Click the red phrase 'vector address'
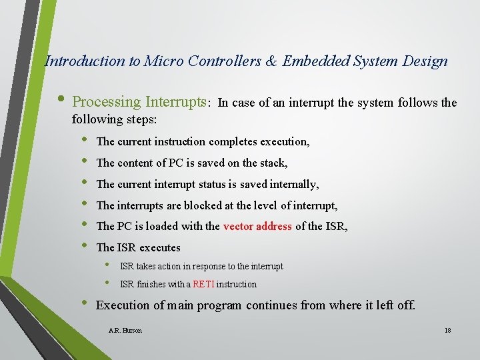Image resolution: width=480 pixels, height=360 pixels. click(x=257, y=226)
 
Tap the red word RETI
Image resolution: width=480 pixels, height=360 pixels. click(x=203, y=284)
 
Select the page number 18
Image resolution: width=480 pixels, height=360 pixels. click(x=447, y=330)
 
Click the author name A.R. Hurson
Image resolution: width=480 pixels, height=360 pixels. click(x=125, y=330)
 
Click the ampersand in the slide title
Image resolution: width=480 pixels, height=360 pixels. click(x=271, y=61)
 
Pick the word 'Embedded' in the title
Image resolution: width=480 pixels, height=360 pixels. click(x=313, y=61)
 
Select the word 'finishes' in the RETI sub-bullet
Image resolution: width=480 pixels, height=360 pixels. click(x=150, y=284)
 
